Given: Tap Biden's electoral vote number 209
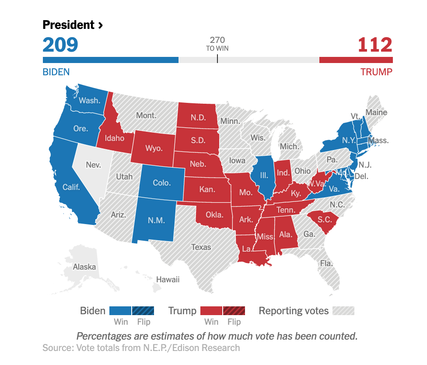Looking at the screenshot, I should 60,45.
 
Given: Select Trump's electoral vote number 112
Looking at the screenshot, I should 375,45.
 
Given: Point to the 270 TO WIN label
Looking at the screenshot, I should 217,44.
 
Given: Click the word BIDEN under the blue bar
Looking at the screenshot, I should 56,72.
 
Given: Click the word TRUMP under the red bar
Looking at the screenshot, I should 376,72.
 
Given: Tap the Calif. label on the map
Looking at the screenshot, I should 71,187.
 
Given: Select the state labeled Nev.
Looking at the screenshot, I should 93,165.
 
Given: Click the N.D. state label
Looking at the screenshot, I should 198,117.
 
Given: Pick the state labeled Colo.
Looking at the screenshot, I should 161,183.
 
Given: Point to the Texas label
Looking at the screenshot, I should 201,247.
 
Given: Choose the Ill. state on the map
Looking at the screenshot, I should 264,175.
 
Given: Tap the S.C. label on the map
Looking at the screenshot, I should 325,220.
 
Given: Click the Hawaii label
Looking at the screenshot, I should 168,279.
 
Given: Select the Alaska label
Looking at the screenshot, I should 84,267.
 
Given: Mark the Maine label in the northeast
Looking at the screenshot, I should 376,112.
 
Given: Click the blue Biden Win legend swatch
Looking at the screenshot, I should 120,311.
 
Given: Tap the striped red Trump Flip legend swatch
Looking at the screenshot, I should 234,311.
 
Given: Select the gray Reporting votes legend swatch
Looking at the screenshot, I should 343,311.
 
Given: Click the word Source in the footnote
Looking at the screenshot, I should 57,348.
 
